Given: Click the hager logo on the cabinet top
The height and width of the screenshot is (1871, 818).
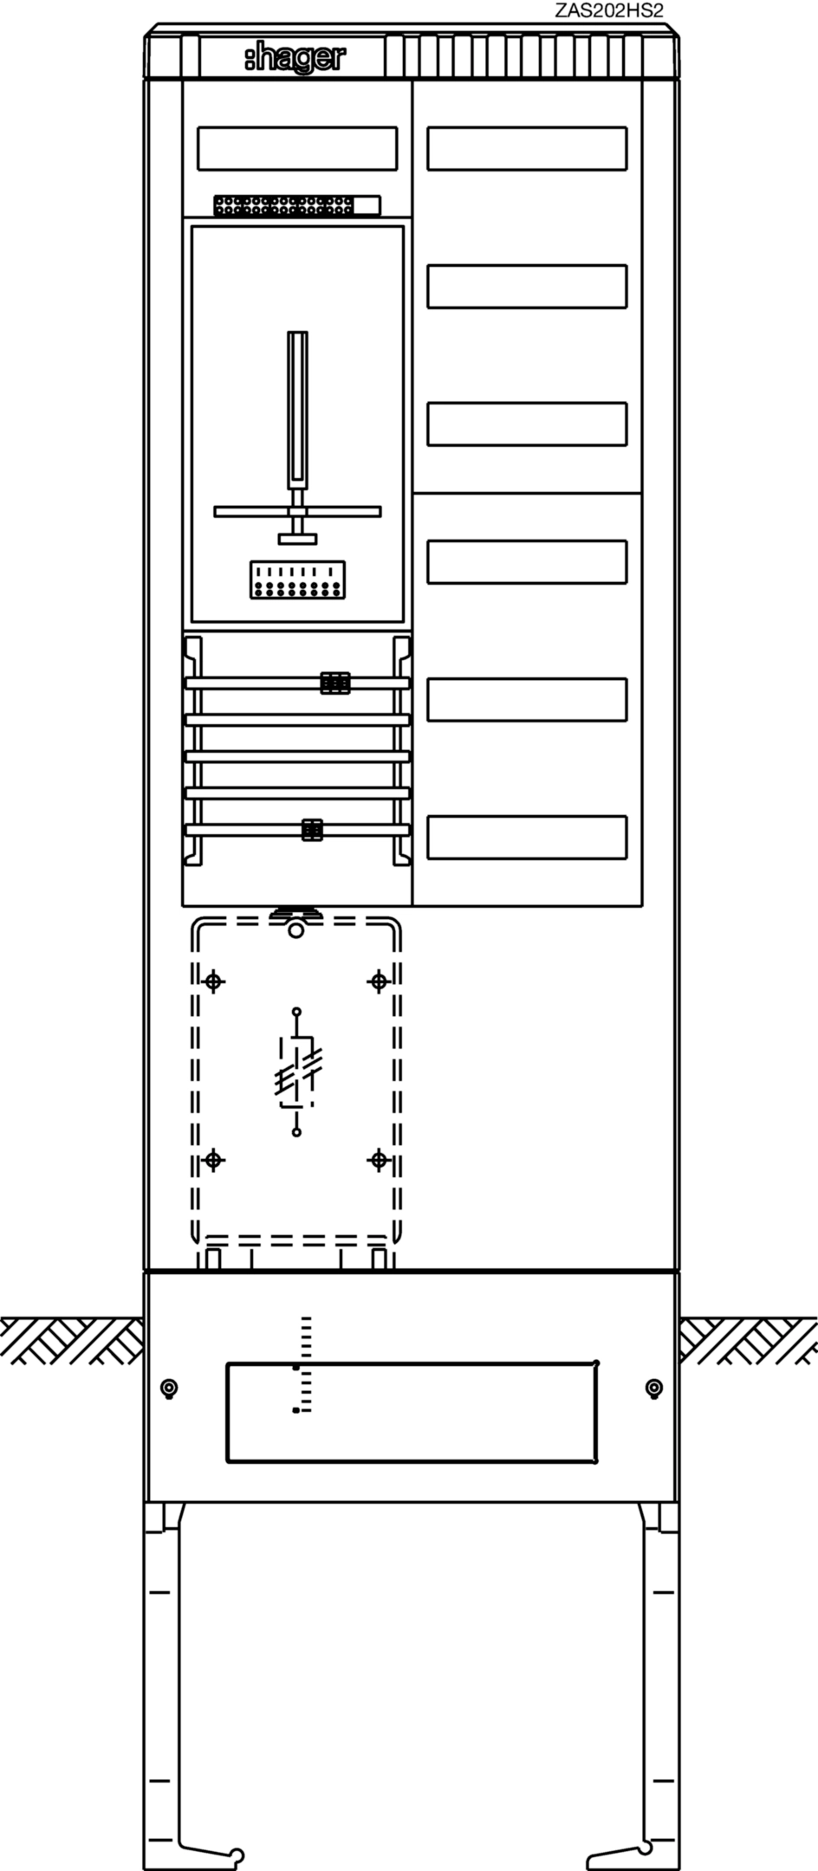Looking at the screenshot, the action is coord(294,59).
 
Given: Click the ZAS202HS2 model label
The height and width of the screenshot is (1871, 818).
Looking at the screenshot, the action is coord(614,11).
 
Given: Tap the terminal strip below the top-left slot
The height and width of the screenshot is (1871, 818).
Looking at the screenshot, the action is coord(297,205).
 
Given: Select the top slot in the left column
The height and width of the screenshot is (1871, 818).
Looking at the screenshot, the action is coord(297,148).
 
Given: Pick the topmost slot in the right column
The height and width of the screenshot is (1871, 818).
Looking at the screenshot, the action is coord(527,148).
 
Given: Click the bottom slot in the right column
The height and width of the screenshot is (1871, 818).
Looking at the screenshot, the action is coord(527,838).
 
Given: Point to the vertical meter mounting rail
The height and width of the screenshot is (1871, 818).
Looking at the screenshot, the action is coord(297,411).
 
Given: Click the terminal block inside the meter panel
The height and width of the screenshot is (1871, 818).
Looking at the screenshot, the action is coord(297,579).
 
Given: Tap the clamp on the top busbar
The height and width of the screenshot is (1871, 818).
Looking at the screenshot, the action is coord(334,683).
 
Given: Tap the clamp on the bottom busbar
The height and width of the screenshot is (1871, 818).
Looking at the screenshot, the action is coord(312,830).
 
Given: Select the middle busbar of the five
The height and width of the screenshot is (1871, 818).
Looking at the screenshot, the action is coord(297,756).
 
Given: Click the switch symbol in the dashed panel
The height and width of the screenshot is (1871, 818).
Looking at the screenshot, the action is coord(296,1072).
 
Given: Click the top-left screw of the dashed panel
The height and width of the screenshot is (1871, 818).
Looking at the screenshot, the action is coord(214,981).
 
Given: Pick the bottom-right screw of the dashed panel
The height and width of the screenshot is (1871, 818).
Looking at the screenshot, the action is coord(379,1160).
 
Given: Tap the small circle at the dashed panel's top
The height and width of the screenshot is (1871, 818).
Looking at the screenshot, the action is coord(295,930).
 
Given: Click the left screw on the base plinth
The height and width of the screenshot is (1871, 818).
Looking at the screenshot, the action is coord(169,1389).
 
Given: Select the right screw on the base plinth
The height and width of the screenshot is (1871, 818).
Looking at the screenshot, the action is coord(654,1389).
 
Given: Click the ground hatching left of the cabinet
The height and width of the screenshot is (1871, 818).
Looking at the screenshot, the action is coord(72,1340).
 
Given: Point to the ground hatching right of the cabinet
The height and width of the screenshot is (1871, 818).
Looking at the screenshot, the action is coord(748,1340).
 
